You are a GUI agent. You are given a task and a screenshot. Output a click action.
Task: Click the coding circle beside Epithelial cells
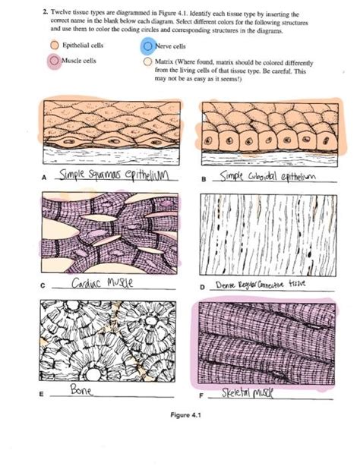(55, 46)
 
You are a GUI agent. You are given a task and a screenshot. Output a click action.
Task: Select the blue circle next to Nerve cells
(148, 46)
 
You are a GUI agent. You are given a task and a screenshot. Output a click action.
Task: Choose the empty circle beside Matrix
(148, 60)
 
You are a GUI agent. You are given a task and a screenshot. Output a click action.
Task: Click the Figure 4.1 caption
(191, 416)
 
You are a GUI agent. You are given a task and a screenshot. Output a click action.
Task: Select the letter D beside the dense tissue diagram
(202, 288)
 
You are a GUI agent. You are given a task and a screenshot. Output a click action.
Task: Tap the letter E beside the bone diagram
(43, 395)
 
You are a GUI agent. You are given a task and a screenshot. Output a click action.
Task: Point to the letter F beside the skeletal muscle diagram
(202, 395)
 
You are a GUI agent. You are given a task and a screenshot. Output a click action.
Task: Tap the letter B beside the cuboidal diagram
(202, 180)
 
